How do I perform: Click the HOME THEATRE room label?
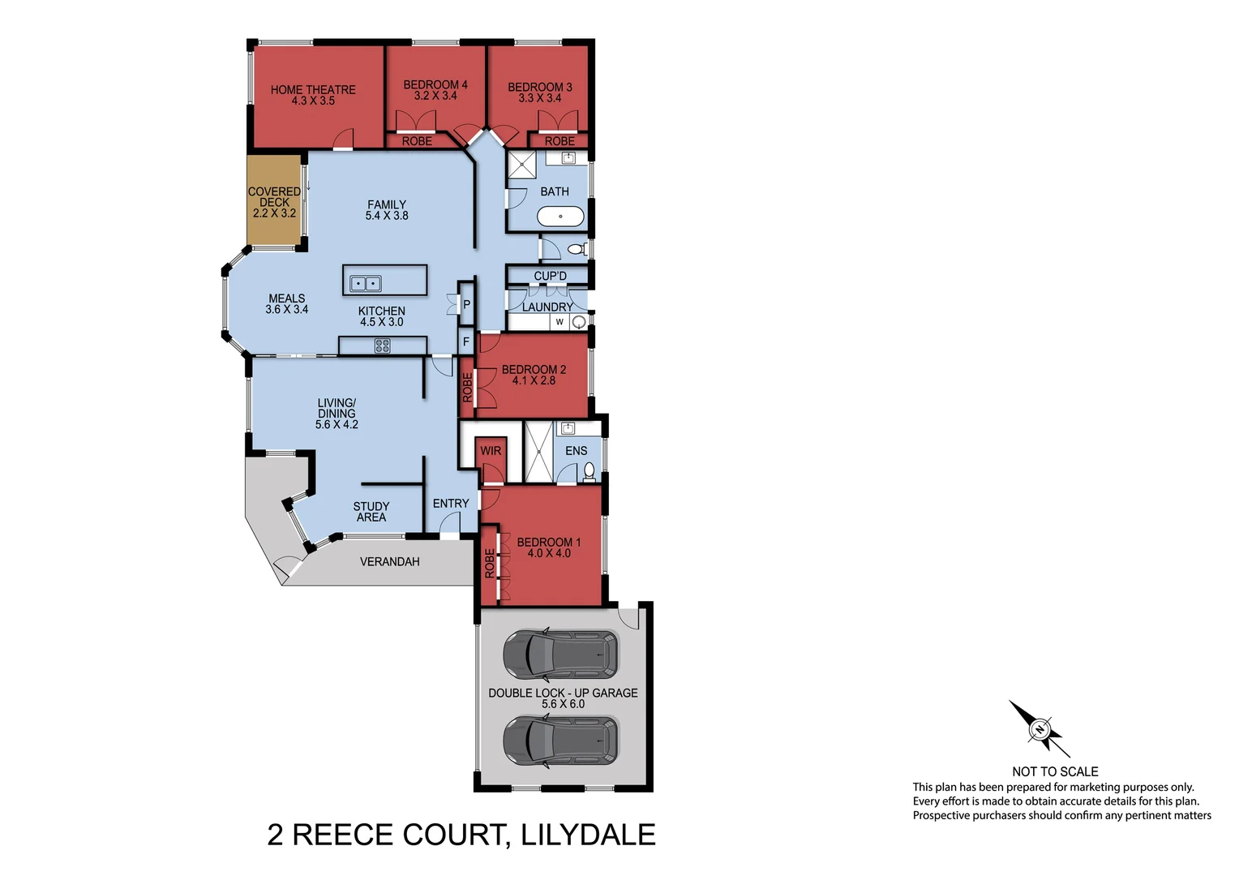point(313,90)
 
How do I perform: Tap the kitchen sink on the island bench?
point(365,284)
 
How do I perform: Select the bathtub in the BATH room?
point(560,217)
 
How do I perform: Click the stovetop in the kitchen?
point(382,346)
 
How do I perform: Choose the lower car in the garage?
point(560,741)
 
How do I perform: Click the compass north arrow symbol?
point(1040,728)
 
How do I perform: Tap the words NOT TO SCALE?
point(1055,771)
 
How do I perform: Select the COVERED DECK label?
point(274,197)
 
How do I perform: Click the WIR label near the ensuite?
point(491,451)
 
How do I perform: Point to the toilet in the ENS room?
point(589,471)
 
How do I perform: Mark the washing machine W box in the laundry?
point(559,322)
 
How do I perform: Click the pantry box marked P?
point(466,305)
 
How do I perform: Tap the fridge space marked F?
point(466,342)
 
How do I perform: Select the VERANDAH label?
point(389,561)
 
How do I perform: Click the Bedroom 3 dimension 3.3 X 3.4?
point(540,98)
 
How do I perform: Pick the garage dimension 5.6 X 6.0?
point(563,704)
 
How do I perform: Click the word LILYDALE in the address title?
point(588,835)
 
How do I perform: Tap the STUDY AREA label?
point(371,512)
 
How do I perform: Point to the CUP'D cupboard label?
point(550,276)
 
